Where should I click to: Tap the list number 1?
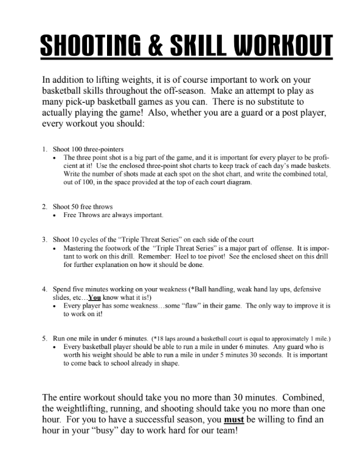(44, 149)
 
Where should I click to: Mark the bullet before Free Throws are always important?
(55, 215)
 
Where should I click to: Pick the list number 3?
(44, 240)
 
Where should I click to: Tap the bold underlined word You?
(94, 298)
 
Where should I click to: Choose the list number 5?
(44, 338)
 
